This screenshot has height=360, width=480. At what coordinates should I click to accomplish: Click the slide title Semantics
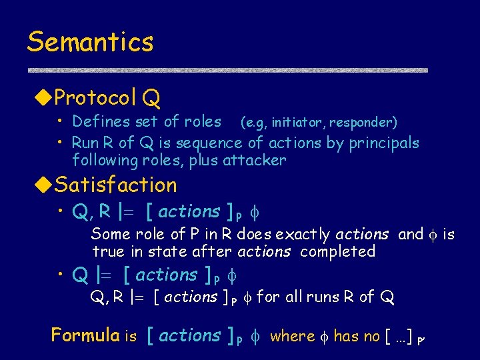[90, 42]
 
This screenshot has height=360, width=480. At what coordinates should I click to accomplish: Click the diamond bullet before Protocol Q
[42, 99]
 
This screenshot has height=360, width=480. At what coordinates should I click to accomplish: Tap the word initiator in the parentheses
[296, 122]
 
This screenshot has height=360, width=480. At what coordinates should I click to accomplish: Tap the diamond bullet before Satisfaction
[42, 185]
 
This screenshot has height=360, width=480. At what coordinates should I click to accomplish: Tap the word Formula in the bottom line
[86, 335]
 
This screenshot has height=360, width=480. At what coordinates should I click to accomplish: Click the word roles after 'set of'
[201, 121]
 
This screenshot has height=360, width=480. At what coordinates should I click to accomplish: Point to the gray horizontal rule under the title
[227, 70]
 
